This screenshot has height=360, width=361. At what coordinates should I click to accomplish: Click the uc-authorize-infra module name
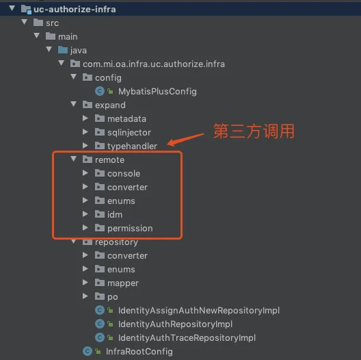click(75, 10)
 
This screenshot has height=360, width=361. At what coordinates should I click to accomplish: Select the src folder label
click(52, 23)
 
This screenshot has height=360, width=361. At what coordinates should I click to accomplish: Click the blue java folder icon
click(63, 50)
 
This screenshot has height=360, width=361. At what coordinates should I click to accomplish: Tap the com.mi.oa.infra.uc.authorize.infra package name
click(154, 64)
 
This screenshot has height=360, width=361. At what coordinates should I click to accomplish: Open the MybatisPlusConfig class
click(157, 92)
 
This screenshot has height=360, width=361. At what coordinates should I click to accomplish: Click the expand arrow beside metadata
click(85, 118)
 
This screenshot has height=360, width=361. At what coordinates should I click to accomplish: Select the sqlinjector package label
click(129, 133)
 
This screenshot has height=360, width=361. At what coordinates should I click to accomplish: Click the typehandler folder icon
click(100, 146)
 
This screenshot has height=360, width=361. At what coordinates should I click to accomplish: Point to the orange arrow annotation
click(185, 139)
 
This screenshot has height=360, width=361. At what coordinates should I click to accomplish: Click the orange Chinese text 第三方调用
click(254, 131)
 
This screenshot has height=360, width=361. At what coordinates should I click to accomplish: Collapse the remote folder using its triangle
click(74, 159)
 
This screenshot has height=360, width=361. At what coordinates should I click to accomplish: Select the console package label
click(124, 174)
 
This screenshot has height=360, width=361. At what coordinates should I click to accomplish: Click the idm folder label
click(115, 215)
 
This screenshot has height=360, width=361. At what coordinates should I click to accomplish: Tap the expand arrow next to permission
click(85, 228)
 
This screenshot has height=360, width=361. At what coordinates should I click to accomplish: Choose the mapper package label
click(123, 283)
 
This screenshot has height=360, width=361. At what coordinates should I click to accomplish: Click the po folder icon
click(100, 296)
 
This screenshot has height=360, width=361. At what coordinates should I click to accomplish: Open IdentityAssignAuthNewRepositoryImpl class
click(199, 311)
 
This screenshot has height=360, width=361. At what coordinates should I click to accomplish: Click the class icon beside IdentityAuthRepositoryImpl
click(100, 324)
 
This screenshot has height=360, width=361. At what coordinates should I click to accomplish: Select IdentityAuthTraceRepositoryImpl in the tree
click(187, 338)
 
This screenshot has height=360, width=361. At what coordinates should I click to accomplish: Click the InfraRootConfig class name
click(139, 352)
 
